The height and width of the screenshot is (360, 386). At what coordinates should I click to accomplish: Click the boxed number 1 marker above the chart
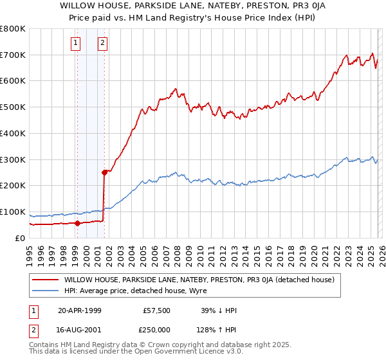[76, 43]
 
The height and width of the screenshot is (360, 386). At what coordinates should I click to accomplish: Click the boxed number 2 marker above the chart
[102, 43]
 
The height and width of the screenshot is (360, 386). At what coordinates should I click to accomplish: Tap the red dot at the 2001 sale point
[104, 172]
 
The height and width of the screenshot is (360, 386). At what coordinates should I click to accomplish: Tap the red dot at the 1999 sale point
[77, 223]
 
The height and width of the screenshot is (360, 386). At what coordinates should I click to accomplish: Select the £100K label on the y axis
[13, 212]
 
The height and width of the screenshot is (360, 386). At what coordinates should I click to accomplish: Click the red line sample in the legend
[44, 280]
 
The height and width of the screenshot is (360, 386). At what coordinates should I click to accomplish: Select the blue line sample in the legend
[44, 291]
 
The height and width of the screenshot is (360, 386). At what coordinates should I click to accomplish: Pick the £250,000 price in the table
[157, 328]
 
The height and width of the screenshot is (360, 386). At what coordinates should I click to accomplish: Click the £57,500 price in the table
[157, 310]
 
